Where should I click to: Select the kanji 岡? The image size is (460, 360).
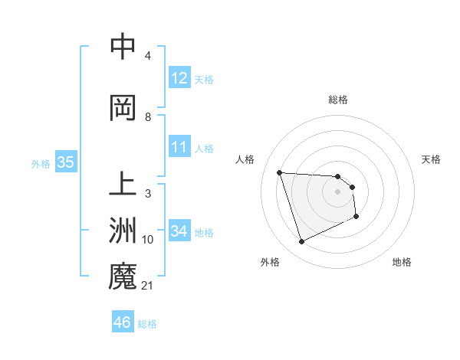(x=123, y=108)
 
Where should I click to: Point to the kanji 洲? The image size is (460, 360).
(x=123, y=231)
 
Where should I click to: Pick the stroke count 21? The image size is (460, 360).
(x=148, y=286)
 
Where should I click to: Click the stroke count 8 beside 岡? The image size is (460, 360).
(x=148, y=117)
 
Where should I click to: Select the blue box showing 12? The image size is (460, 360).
(x=179, y=78)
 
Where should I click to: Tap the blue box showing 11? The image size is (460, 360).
(x=179, y=147)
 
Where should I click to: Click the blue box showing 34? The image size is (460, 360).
(x=179, y=231)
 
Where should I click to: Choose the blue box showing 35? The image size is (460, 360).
(x=65, y=162)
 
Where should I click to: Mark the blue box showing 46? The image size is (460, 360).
(x=122, y=322)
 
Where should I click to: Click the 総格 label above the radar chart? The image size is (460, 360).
(x=337, y=100)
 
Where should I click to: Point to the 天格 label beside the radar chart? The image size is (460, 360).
(x=432, y=159)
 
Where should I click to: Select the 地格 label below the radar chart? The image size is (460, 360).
(x=402, y=262)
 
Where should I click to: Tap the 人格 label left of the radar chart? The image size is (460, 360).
(x=245, y=159)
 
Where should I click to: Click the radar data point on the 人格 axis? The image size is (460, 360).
(x=279, y=172)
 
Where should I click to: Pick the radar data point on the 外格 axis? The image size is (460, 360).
(x=301, y=242)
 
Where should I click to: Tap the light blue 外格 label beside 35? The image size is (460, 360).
(x=41, y=163)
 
